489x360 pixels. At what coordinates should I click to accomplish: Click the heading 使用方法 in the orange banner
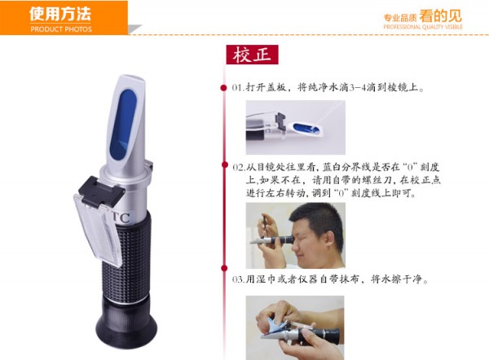pos(60,14)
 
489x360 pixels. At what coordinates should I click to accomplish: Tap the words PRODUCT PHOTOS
pos(61,29)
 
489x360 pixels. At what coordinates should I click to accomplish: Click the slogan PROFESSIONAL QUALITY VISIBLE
pos(422,27)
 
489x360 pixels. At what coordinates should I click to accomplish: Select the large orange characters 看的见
pos(440,15)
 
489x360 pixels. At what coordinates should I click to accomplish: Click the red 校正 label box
pos(252,55)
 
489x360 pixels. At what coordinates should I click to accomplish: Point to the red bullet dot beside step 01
pos(223,88)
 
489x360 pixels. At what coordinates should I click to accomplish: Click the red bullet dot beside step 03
pos(224,268)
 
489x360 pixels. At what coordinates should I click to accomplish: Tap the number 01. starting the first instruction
pos(238,88)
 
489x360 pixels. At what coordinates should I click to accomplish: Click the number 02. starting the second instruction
pos(239,168)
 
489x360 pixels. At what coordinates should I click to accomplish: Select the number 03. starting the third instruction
pos(239,279)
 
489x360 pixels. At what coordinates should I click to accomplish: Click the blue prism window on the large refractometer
pos(123,125)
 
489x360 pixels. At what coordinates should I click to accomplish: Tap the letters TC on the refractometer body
pos(121,217)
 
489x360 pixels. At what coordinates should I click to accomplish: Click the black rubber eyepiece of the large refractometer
pos(126,321)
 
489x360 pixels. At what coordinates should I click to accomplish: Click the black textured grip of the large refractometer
pos(126,256)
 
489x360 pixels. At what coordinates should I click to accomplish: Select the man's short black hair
pos(315,220)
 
